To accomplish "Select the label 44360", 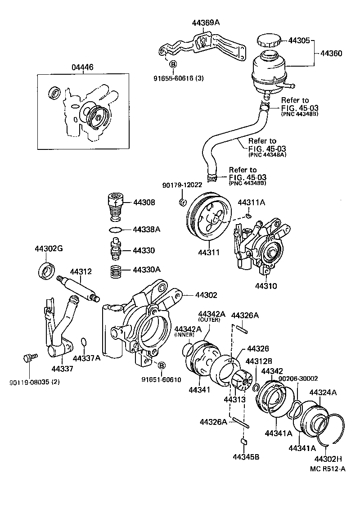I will click(331, 53).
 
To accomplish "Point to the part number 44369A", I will click(205, 23).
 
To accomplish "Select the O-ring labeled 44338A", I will click(116, 230).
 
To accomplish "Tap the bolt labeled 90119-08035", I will click(27, 358).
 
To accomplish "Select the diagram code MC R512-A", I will click(328, 469).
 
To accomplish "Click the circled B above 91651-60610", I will click(161, 365).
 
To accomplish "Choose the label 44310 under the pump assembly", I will click(266, 286).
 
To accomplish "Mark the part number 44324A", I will click(323, 392).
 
